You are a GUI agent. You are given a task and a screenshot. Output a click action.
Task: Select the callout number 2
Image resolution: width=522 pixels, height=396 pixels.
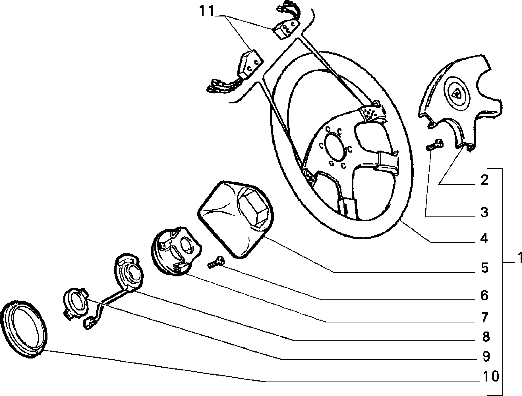pos(484,180)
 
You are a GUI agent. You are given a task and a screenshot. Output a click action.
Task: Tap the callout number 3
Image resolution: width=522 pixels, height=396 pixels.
pos(484,212)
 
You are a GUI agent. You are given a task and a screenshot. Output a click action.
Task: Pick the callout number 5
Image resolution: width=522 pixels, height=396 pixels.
pos(484,268)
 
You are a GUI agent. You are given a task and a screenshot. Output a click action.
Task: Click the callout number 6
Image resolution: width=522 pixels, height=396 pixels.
pos(484,296)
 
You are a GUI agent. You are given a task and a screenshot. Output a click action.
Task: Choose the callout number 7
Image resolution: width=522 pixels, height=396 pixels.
pos(484,317)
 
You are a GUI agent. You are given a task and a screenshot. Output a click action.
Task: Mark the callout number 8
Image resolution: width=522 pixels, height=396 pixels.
pos(484,337)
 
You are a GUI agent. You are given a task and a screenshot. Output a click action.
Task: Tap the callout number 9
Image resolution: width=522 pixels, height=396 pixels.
pos(484,357)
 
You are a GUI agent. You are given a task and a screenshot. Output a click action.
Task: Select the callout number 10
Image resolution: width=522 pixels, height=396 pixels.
pos(491,377)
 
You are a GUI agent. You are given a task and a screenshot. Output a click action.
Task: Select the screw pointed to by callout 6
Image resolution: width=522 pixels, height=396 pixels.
pos(215,262)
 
